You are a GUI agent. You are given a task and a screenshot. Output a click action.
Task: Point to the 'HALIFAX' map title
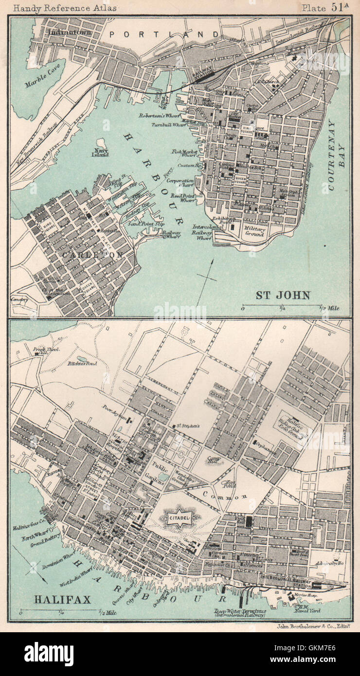click(x=62, y=599)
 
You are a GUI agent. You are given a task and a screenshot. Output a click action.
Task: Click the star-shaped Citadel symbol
click(x=178, y=518)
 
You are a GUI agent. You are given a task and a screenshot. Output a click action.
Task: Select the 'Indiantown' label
click(x=69, y=33)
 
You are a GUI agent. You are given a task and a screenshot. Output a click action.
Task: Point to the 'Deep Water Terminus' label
click(x=239, y=612)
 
